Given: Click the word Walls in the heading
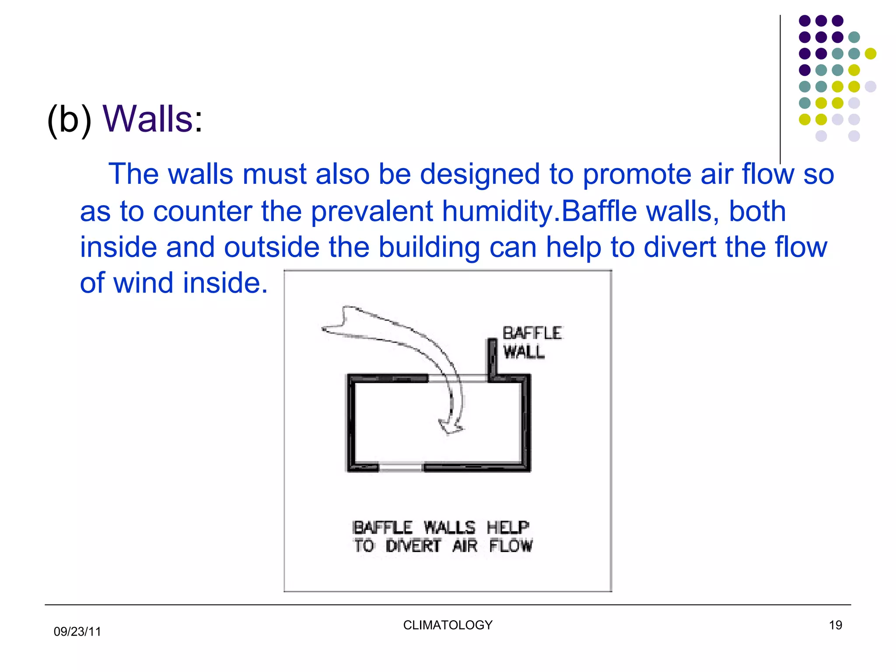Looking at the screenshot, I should coord(147,119).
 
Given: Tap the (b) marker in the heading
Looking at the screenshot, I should coord(69,120).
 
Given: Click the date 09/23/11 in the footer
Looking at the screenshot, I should coord(77,631).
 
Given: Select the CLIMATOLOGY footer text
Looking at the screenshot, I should coord(448,625).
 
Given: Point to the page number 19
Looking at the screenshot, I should coord(835,625).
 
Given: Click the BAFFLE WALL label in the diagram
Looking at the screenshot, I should coord(531,342).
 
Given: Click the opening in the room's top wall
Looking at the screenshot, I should coord(458,378).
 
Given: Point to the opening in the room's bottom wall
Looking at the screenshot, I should coord(400,468).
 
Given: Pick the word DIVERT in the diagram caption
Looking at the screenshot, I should coord(413,546).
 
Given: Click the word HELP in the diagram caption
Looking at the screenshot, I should coord(507,528).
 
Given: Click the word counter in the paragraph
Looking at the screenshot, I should coord(203,212).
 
